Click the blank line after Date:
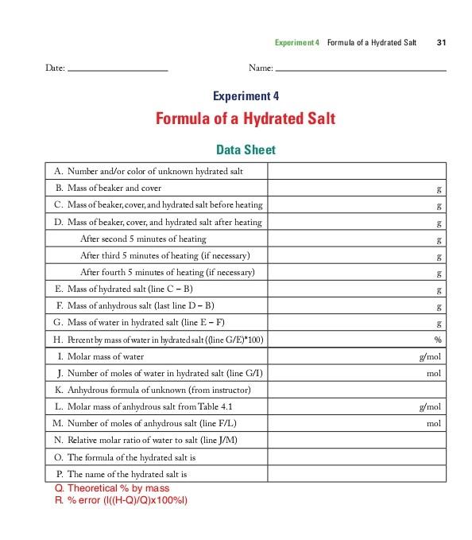(118, 69)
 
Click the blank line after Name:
(361, 69)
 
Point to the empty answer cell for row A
(357, 171)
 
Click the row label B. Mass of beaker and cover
(112, 188)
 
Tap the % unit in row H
(438, 340)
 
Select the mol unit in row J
(433, 373)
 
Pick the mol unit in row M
(433, 424)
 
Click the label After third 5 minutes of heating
(166, 255)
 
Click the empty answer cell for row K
(357, 390)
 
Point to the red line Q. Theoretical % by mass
(112, 488)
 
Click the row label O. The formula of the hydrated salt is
(126, 457)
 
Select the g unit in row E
(439, 289)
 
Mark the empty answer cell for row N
(357, 441)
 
